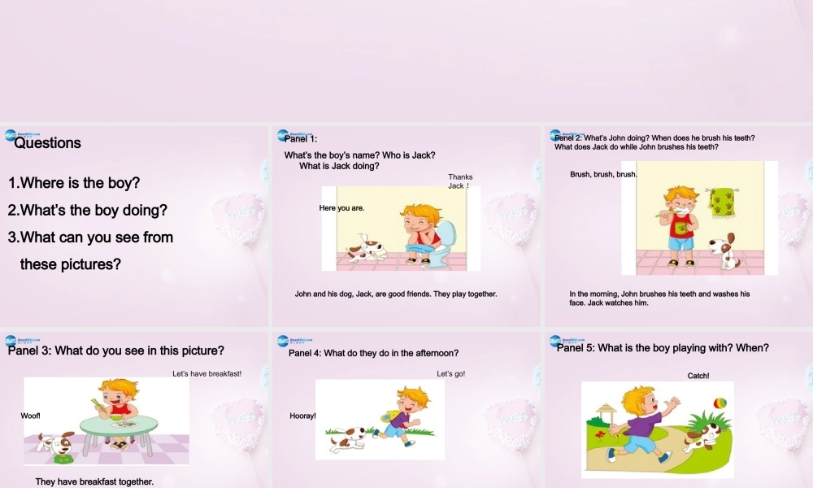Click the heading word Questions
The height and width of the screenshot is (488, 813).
click(x=48, y=143)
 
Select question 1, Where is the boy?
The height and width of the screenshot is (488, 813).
click(x=74, y=183)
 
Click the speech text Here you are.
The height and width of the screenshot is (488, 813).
click(x=341, y=208)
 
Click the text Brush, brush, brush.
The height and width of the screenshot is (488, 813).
click(x=603, y=175)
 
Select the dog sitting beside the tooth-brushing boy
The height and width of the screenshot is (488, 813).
click(x=721, y=251)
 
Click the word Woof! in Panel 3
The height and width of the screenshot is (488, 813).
click(x=30, y=416)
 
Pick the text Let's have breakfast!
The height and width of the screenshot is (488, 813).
click(x=207, y=374)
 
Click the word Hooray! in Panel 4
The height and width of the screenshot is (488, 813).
click(x=302, y=416)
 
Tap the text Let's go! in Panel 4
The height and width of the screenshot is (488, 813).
click(x=450, y=374)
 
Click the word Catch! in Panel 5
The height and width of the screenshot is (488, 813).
click(x=698, y=376)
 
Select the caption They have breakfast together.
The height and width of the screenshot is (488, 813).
click(x=94, y=481)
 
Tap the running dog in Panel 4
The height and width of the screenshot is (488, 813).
click(x=347, y=440)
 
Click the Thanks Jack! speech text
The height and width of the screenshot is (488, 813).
click(x=460, y=181)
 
